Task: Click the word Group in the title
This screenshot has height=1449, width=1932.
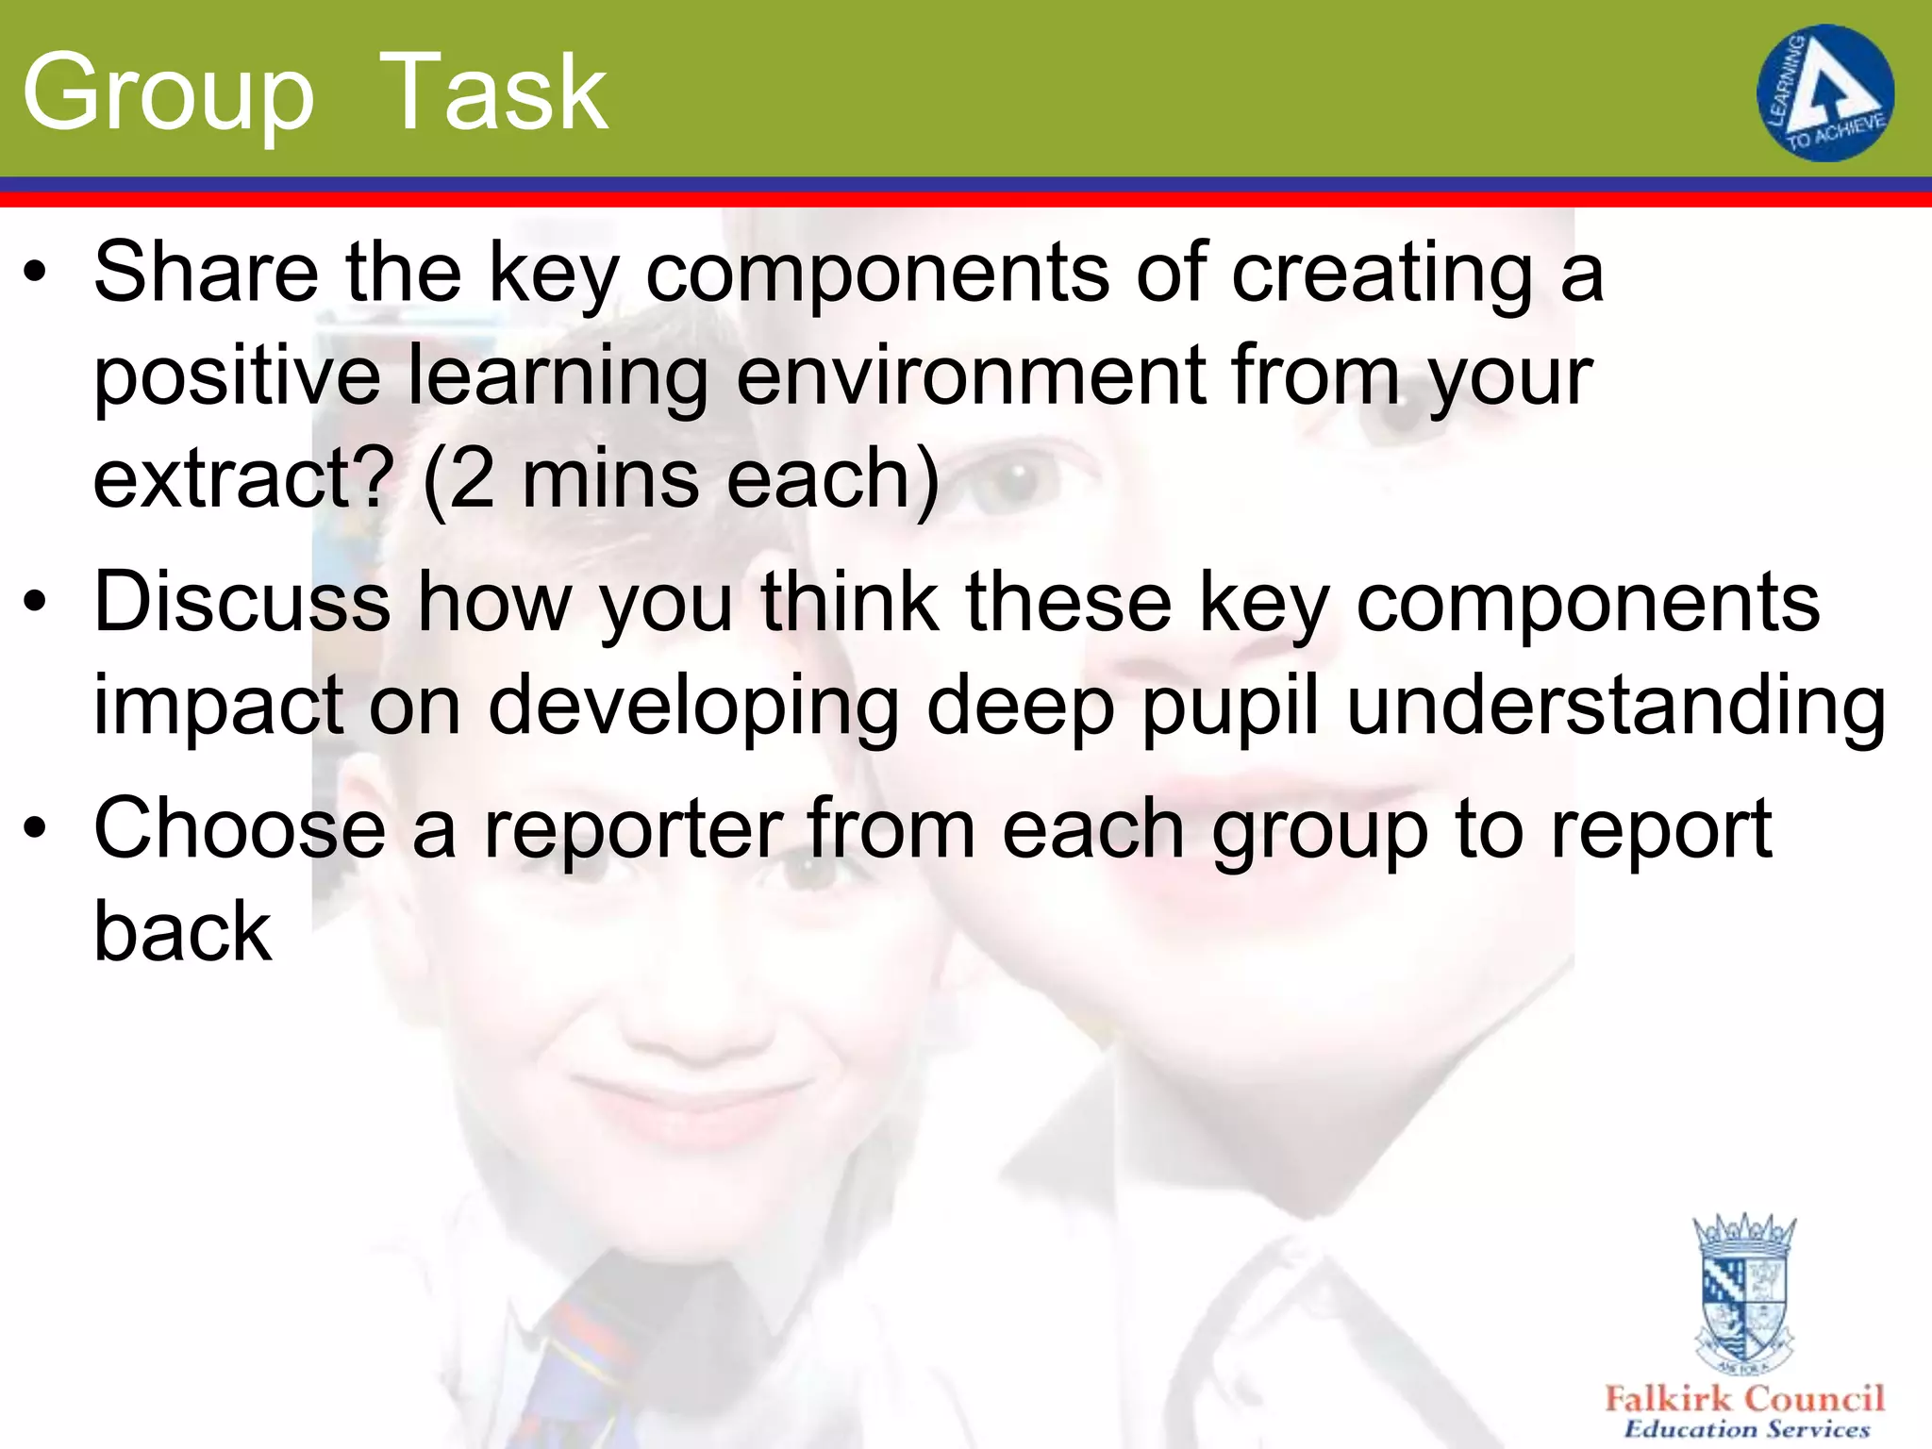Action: (x=168, y=94)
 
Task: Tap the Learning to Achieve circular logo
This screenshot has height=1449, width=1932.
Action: (x=1824, y=92)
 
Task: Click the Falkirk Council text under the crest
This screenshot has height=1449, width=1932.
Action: (x=1744, y=1398)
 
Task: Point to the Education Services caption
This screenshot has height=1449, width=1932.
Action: (x=1746, y=1429)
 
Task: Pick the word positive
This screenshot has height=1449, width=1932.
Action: (x=237, y=377)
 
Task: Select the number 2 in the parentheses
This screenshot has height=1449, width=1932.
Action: (x=473, y=479)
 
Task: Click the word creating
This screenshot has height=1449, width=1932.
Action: (x=1383, y=274)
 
